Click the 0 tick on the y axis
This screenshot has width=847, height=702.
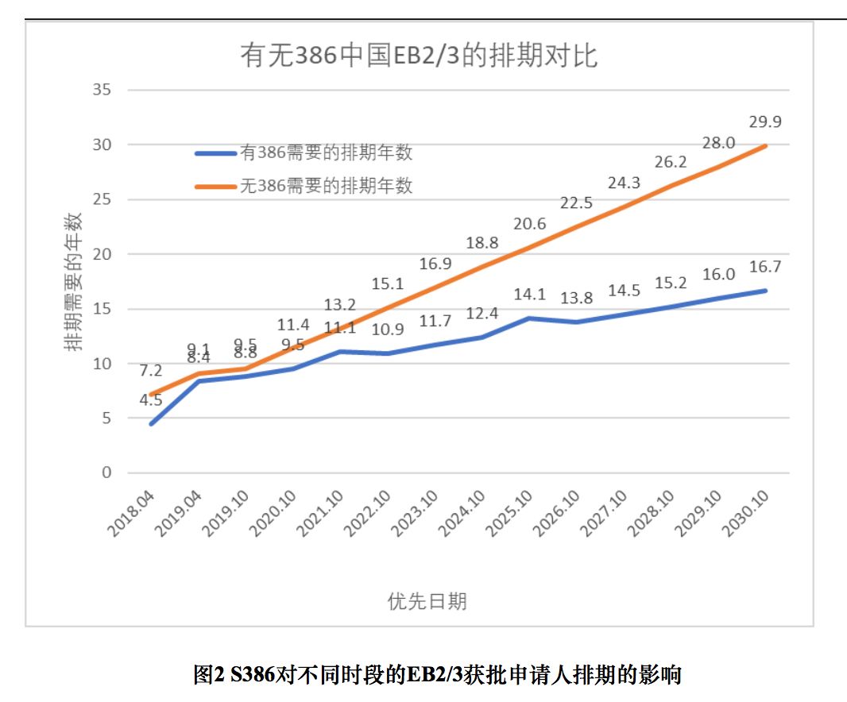105,472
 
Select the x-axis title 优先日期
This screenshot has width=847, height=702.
427,601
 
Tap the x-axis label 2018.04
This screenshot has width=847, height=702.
131,513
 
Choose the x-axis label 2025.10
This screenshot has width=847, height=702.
509,513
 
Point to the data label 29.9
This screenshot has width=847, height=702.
764,121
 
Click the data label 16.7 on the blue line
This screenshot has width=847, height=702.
764,267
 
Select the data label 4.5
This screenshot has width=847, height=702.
151,400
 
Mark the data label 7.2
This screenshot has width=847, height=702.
151,371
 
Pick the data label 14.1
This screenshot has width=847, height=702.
529,294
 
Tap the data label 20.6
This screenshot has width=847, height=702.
529,224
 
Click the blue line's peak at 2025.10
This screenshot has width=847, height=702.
529,318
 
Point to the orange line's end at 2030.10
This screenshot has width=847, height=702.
765,145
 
